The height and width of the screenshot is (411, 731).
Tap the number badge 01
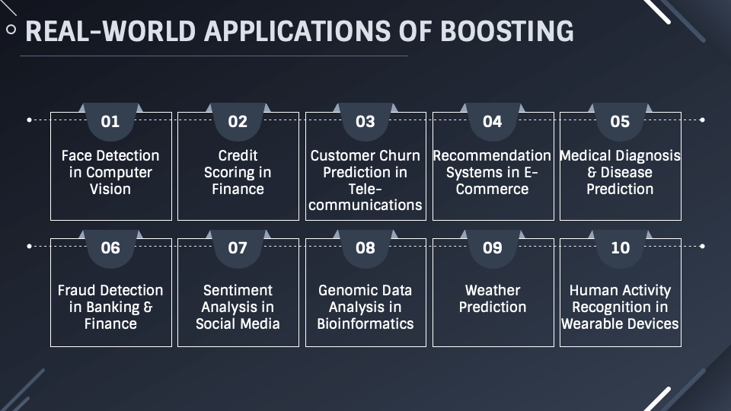[x=110, y=121]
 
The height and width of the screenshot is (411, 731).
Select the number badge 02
[x=238, y=121]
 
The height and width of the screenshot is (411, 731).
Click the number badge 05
[x=620, y=121]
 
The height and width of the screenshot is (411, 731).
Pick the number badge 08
[x=365, y=248]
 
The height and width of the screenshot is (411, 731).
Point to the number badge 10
[x=620, y=248]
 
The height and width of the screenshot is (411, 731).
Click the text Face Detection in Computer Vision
[x=110, y=172]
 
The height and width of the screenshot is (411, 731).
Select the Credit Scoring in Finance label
[x=238, y=172]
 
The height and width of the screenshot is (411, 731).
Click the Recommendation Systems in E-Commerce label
[x=492, y=172]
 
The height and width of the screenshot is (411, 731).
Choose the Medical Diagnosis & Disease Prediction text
[x=620, y=172]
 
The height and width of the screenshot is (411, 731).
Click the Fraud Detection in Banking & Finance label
[x=110, y=307]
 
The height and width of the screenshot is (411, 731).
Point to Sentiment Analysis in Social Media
[x=238, y=307]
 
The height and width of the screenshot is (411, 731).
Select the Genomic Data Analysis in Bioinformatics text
[x=365, y=307]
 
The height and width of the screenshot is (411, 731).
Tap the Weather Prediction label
[x=493, y=298]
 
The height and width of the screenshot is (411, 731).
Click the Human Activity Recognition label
[x=620, y=307]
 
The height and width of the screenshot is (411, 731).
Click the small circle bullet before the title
[x=11, y=30]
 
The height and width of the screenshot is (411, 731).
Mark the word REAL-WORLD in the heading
[x=111, y=30]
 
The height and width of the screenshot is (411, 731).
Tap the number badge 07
[x=238, y=248]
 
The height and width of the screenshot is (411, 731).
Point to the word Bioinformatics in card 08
[x=365, y=323]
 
